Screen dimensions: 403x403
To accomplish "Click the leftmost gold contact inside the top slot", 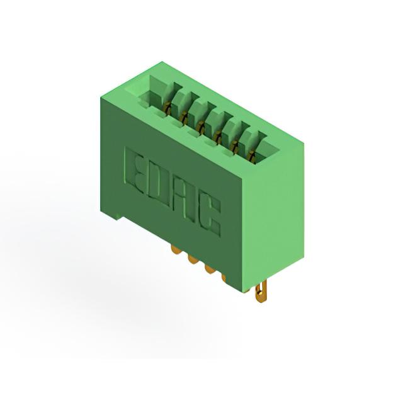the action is [x=167, y=108].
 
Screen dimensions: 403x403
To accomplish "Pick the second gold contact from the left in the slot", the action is [x=183, y=118].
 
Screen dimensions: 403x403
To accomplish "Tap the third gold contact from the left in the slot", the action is [x=200, y=127].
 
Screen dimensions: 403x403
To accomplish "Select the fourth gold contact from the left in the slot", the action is [x=219, y=136].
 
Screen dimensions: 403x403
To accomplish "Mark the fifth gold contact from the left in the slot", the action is [x=235, y=146].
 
